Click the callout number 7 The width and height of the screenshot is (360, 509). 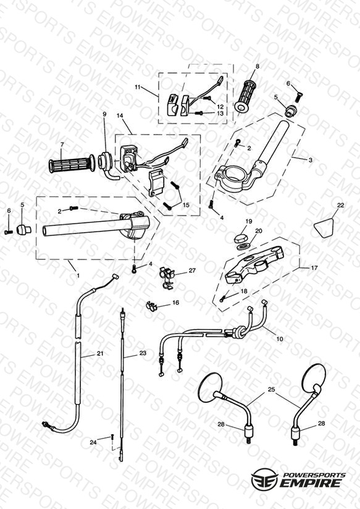pyautogui.click(x=62, y=144)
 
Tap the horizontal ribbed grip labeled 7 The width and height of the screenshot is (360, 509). pyautogui.click(x=72, y=164)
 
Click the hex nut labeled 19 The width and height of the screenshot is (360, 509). pyautogui.click(x=240, y=238)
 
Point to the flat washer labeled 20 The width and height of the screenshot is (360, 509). pyautogui.click(x=243, y=246)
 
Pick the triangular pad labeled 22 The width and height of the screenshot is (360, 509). pyautogui.click(x=324, y=227)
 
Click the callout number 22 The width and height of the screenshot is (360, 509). pyautogui.click(x=340, y=205)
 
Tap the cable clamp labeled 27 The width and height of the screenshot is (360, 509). pyautogui.click(x=167, y=277)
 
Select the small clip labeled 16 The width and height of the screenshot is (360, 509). pyautogui.click(x=151, y=306)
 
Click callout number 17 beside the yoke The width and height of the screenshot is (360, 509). pyautogui.click(x=314, y=268)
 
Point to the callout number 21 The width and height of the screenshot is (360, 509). pyautogui.click(x=100, y=353)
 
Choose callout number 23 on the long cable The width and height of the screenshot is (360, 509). pyautogui.click(x=143, y=353)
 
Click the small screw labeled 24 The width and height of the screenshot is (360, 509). pyautogui.click(x=112, y=437)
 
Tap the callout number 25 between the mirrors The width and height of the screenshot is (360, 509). pyautogui.click(x=271, y=389)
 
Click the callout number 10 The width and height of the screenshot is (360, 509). pyautogui.click(x=280, y=339)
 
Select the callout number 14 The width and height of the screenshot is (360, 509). pyautogui.click(x=120, y=116)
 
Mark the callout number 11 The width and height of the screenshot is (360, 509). pyautogui.click(x=138, y=87)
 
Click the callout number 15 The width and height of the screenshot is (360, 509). pyautogui.click(x=186, y=205)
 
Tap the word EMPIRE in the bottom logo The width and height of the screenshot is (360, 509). pyautogui.click(x=311, y=483)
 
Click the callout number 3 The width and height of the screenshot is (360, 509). pyautogui.click(x=311, y=160)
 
